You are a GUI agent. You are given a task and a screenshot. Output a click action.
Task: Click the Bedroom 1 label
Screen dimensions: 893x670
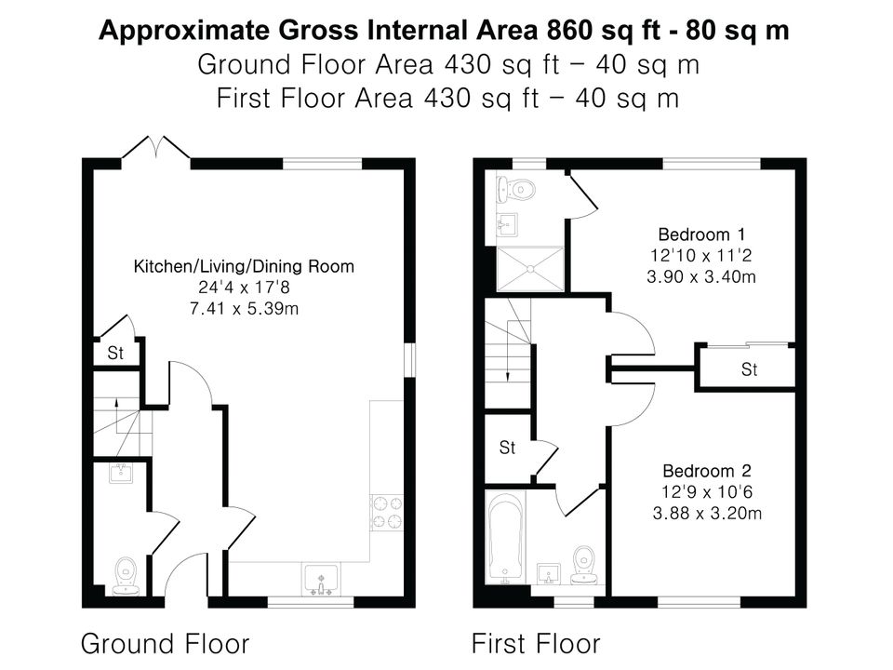click(x=701, y=234)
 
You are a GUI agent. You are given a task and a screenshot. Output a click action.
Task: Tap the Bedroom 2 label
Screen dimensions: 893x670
click(x=707, y=471)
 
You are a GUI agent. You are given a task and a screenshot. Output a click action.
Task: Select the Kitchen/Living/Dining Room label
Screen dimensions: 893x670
click(x=244, y=266)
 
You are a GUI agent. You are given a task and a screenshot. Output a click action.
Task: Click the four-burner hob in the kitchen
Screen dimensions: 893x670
click(x=387, y=512)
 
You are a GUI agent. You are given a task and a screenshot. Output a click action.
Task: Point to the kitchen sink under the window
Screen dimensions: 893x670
click(x=321, y=580)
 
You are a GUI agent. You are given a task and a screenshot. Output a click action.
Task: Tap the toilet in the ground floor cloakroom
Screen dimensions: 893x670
click(x=126, y=575)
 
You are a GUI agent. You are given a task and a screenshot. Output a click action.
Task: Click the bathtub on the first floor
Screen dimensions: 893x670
click(x=506, y=538)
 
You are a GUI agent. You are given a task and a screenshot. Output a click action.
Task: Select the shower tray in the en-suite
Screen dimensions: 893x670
click(x=530, y=269)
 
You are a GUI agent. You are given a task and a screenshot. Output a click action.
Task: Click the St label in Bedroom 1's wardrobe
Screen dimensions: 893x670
click(x=749, y=369)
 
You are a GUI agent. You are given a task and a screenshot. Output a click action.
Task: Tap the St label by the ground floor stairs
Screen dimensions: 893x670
click(x=115, y=354)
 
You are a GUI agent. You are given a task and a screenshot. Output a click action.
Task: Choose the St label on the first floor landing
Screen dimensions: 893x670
click(x=507, y=448)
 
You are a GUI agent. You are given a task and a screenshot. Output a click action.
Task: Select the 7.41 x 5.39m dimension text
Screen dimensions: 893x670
click(x=244, y=309)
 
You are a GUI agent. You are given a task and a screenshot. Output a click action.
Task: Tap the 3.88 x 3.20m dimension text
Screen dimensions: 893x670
click(x=707, y=514)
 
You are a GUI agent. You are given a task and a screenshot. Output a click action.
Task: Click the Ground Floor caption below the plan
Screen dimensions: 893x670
click(x=166, y=643)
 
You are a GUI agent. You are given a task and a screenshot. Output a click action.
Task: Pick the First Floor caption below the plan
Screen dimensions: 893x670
click(x=536, y=643)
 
